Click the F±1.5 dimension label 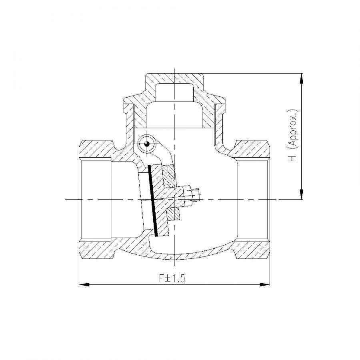[172, 278]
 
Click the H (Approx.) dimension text [293, 135]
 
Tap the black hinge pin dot [147, 144]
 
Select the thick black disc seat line [153, 200]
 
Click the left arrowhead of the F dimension [84, 285]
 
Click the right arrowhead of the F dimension [265, 285]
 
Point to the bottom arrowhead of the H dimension [302, 194]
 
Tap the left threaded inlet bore [95, 200]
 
